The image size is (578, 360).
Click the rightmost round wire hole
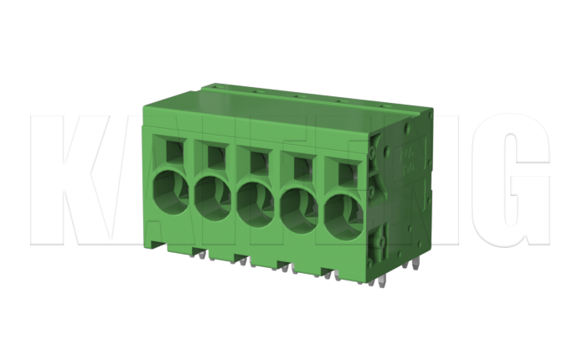tap(343, 208)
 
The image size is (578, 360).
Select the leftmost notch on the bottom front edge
tap(199, 250)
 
